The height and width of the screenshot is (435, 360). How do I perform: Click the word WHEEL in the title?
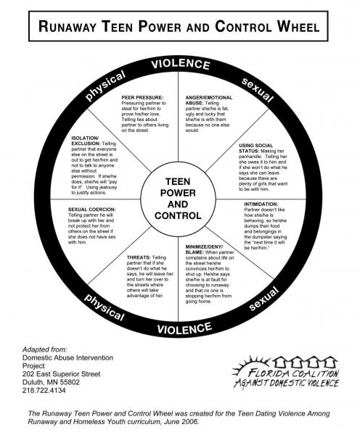[x=298, y=27]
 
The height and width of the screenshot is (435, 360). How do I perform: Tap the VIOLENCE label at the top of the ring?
[x=181, y=65]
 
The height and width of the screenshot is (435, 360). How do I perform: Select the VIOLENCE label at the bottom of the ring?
[x=184, y=328]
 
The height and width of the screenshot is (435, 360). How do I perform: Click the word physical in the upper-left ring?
[x=105, y=86]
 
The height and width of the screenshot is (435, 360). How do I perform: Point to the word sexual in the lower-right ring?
[x=263, y=299]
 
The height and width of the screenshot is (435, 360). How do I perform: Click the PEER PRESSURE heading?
[x=142, y=98]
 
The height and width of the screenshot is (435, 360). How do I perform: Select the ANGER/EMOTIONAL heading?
[x=209, y=98]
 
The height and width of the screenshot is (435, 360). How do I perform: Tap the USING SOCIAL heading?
[x=255, y=146]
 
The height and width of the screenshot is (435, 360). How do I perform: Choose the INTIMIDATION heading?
[x=261, y=204]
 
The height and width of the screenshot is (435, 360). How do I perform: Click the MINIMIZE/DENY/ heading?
[x=204, y=246]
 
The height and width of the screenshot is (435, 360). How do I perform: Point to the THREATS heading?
[x=139, y=257]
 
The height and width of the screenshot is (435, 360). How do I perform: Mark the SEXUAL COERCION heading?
[x=92, y=210]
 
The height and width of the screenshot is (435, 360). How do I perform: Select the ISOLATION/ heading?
[x=85, y=138]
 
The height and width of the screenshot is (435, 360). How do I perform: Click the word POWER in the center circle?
[x=178, y=193]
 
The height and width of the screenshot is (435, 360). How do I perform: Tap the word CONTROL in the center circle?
[x=178, y=215]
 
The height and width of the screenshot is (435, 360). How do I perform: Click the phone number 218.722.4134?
[x=44, y=390]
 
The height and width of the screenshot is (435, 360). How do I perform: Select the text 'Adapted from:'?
[x=45, y=349]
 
